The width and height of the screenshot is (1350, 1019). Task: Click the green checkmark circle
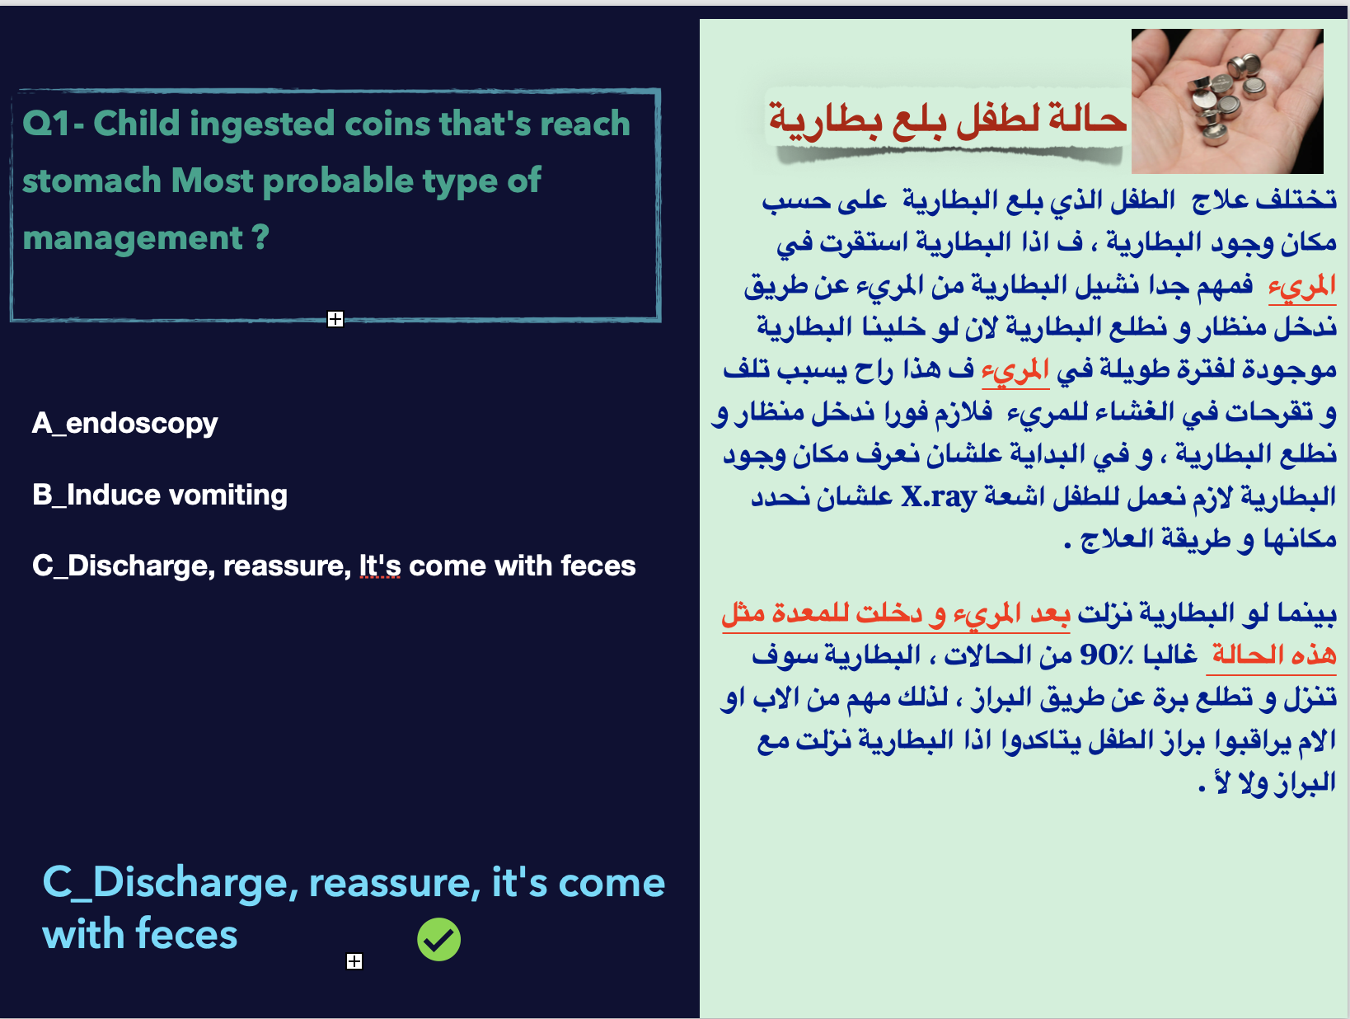tap(438, 939)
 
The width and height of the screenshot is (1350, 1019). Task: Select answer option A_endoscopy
tap(124, 424)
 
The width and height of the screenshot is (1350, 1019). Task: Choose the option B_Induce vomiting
tap(160, 495)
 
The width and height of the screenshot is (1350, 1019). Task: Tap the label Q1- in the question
tap(53, 124)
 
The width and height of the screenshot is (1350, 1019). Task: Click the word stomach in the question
tap(91, 181)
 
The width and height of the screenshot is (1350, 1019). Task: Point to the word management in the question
tap(133, 238)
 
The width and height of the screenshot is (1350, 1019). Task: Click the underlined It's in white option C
tap(379, 566)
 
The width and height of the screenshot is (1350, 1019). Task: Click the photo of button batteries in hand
tap(1227, 101)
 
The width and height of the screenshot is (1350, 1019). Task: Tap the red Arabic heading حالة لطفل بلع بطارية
tap(947, 120)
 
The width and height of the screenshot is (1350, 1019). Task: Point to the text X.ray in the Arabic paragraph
tap(939, 497)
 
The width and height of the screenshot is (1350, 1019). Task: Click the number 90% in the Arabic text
tap(1106, 655)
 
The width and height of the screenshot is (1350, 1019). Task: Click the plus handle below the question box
tap(335, 318)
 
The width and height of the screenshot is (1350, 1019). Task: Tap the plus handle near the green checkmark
tap(354, 960)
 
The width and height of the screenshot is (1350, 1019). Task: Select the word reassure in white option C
tap(287, 566)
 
